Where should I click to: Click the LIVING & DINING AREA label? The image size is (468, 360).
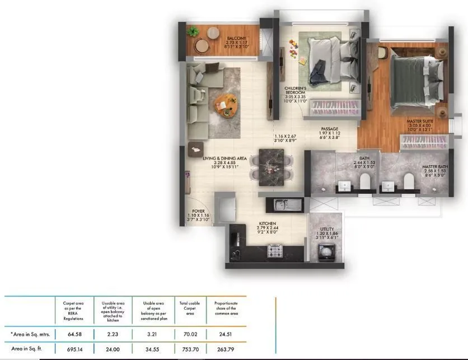[x=225, y=158]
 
